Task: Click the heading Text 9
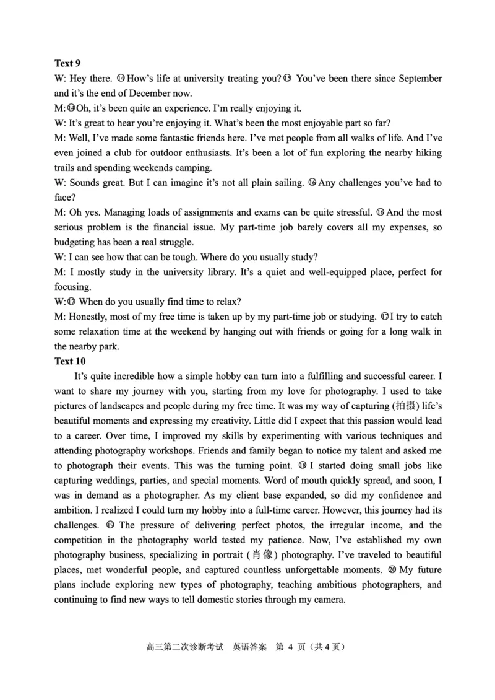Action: (67, 64)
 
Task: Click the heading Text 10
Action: (70, 361)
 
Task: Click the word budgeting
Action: (75, 242)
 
